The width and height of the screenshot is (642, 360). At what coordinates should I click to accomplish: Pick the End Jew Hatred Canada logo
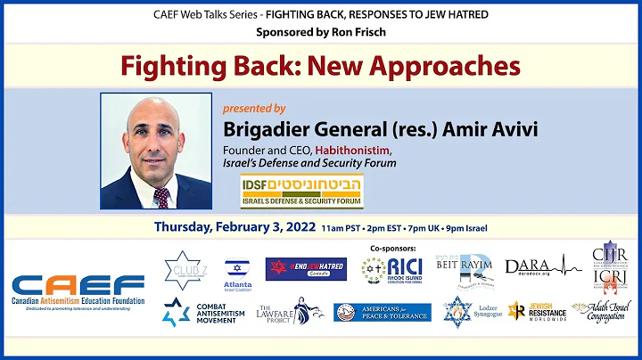pyautogui.click(x=306, y=269)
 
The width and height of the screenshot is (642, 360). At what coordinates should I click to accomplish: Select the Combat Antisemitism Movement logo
pyautogui.click(x=200, y=312)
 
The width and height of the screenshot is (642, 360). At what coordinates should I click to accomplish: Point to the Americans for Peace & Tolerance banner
pyautogui.click(x=382, y=312)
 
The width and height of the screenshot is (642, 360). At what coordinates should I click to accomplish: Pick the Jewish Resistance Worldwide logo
pyautogui.click(x=535, y=311)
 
